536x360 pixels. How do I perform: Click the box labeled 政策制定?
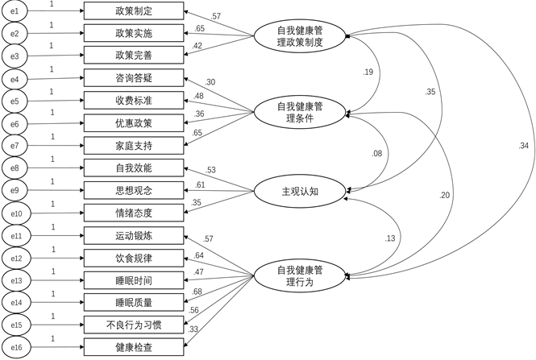click(135, 13)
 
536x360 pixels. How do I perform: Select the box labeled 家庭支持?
click(135, 146)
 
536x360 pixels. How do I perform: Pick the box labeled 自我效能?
click(135, 168)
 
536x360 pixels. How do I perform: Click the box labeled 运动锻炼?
click(135, 236)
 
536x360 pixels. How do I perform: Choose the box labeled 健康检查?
click(135, 348)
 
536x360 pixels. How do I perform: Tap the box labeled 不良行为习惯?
click(135, 325)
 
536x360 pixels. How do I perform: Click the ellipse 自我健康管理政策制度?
click(299, 36)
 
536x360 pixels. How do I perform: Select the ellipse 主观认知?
click(299, 192)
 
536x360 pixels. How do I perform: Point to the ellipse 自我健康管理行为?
click(299, 275)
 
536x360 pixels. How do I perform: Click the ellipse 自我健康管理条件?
click(299, 112)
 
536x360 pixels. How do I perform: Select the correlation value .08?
click(376, 153)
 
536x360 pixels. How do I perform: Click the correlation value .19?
click(368, 72)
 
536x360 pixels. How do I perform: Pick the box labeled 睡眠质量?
click(135, 303)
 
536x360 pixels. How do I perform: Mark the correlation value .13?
click(391, 238)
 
